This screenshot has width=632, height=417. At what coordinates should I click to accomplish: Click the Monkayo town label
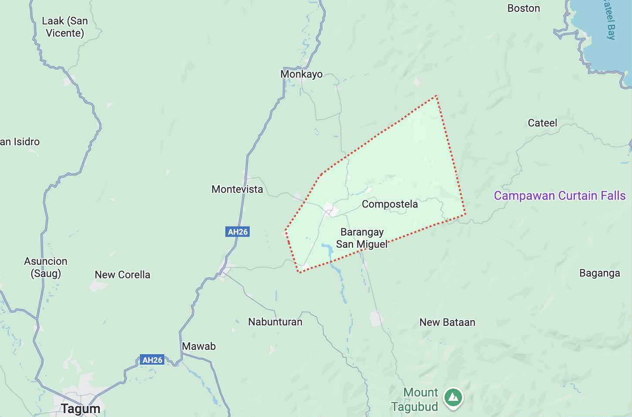301,74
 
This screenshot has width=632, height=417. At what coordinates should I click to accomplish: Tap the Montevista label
237,189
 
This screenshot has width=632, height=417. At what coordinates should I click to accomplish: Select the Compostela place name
390,204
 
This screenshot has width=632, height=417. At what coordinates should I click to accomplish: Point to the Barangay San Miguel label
362,238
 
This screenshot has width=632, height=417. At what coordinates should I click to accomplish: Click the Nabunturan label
275,322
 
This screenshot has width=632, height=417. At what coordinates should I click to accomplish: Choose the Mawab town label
199,346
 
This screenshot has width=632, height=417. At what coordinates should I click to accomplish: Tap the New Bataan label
447,322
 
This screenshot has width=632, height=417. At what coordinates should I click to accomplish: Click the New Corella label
122,275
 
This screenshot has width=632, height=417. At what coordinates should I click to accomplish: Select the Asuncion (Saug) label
46,267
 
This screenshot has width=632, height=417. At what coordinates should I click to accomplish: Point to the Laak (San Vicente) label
65,27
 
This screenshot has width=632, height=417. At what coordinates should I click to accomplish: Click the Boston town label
523,8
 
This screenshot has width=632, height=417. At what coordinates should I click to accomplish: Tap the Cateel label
542,123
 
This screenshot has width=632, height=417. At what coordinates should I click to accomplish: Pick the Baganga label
599,273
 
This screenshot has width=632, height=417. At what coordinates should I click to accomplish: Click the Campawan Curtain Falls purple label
560,196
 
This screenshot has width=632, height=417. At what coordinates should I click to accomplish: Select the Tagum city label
81,409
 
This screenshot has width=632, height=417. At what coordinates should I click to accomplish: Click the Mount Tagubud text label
415,400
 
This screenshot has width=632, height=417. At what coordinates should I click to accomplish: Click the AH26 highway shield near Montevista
238,232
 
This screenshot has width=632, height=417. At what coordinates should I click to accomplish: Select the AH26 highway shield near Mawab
152,360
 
